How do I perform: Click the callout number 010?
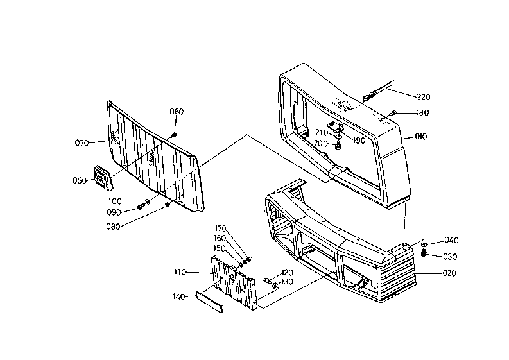420,136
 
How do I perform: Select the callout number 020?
449,273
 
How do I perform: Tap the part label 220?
424,97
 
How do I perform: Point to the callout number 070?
82,143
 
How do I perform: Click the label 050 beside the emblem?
79,180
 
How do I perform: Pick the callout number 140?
178,296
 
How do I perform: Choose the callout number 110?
180,271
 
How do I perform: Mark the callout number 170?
221,228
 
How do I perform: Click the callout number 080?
114,227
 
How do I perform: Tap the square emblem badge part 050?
102,177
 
